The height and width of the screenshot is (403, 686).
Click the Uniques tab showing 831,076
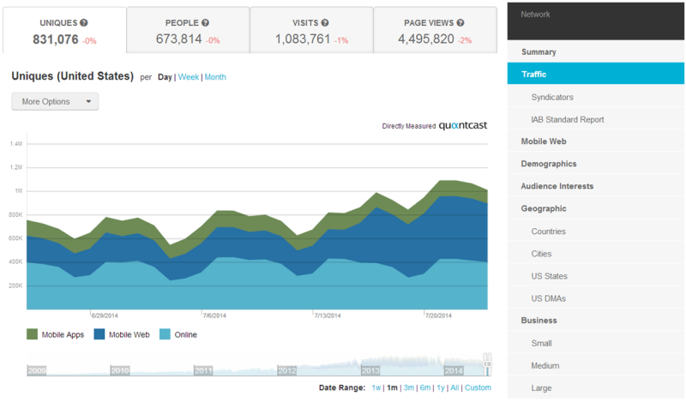tap(64, 31)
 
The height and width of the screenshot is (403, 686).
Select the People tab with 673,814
tap(188, 31)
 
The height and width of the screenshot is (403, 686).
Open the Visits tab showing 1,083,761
tap(311, 31)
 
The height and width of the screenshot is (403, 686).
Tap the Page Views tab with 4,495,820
tap(435, 31)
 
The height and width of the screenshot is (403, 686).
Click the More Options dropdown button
tap(55, 101)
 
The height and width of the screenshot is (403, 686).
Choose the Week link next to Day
tap(189, 77)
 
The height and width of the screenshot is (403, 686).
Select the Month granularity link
tap(215, 77)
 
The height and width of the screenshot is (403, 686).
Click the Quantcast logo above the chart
tap(463, 126)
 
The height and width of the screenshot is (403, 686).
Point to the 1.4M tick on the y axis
tap(16, 144)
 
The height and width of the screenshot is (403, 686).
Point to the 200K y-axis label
tap(16, 286)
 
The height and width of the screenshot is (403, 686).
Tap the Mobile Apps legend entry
tap(57, 334)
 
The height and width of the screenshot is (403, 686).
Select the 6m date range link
tap(424, 388)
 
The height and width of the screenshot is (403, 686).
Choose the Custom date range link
tap(478, 388)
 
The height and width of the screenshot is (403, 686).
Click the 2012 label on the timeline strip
tap(286, 370)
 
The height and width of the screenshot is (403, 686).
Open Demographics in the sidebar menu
tap(549, 164)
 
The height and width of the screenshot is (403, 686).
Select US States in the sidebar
tap(549, 276)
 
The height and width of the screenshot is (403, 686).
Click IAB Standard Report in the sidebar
tap(567, 119)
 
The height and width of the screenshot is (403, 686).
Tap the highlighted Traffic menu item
tap(534, 75)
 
